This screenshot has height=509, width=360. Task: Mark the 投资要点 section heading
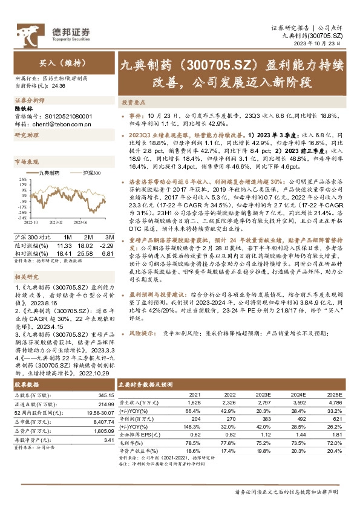click(x=131, y=103)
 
